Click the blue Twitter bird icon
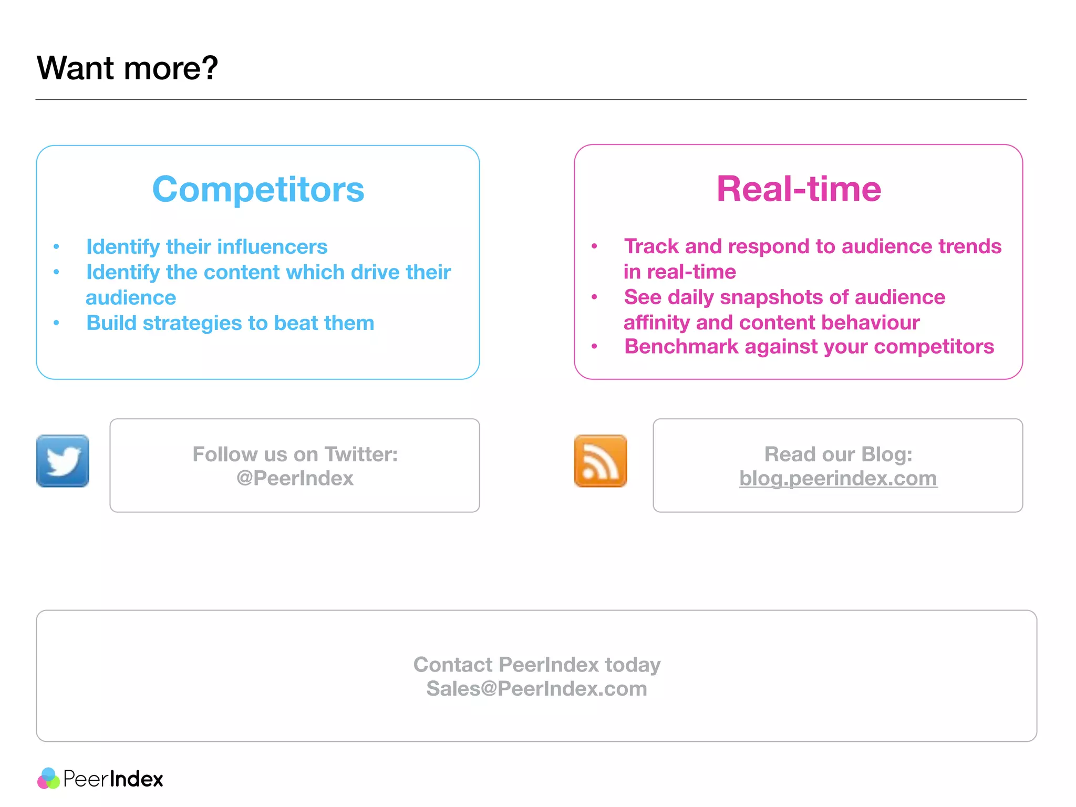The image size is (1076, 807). tap(63, 461)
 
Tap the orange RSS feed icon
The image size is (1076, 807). tap(601, 461)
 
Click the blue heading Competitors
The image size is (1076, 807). tap(258, 189)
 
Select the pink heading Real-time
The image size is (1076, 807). tap(799, 189)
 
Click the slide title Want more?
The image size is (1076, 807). tap(127, 68)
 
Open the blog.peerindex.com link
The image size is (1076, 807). tap(838, 478)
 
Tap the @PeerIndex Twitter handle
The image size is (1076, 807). tap(295, 478)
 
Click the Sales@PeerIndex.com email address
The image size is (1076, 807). tap(536, 688)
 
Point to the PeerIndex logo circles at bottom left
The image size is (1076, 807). tap(49, 779)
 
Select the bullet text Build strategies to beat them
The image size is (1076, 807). tap(230, 323)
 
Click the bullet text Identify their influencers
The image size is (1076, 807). tap(206, 246)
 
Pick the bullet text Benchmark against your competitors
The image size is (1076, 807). tap(809, 347)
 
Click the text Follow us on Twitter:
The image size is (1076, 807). tap(295, 454)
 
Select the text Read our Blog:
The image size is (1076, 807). tap(838, 454)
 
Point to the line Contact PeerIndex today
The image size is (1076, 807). tap(536, 665)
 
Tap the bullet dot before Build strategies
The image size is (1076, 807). tap(56, 323)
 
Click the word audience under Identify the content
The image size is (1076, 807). tap(131, 297)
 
